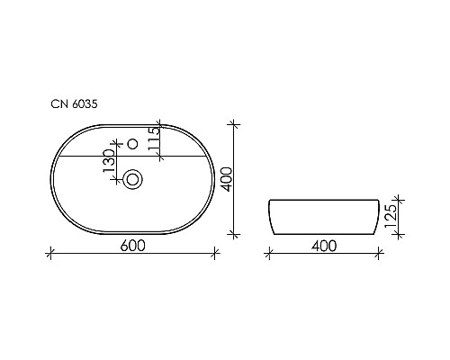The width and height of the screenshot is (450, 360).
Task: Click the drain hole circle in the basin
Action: pyautogui.click(x=132, y=179)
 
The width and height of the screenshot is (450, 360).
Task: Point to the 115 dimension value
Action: pyautogui.click(x=155, y=139)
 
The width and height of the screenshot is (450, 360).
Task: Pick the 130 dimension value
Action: pyautogui.click(x=110, y=165)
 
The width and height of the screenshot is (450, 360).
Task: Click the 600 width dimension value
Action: pyautogui.click(x=131, y=244)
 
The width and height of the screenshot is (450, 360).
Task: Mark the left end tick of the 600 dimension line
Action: pyautogui.click(x=49, y=254)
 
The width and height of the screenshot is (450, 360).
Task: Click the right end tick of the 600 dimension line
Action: pyautogui.click(x=215, y=254)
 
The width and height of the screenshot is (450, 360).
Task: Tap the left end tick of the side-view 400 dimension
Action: pyautogui.click(x=268, y=254)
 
